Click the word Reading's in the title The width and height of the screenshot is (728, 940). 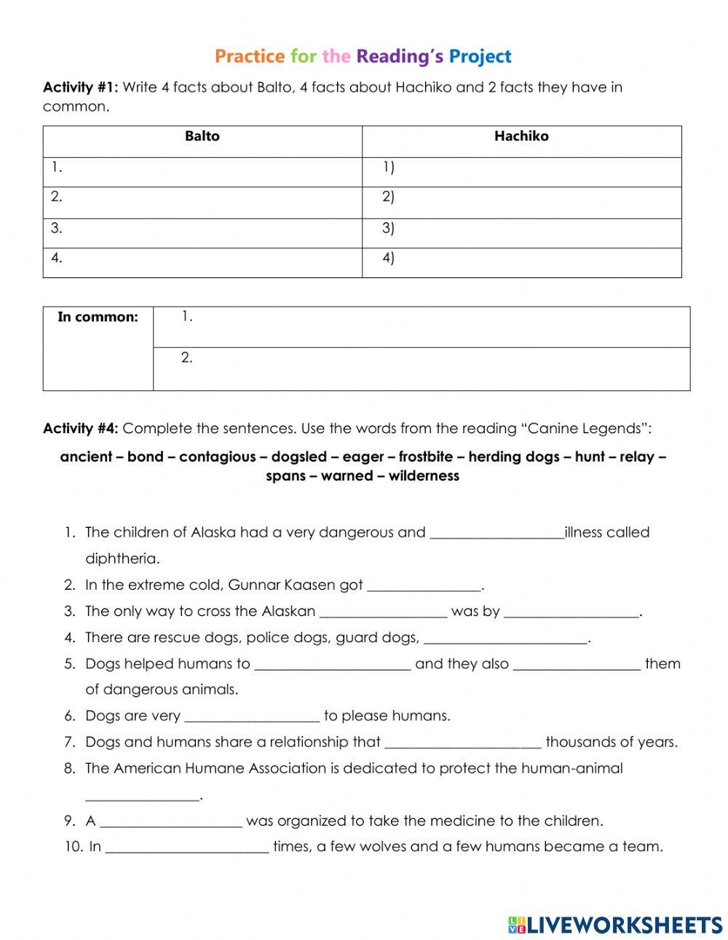pos(400,56)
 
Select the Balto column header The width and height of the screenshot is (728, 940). pos(202,136)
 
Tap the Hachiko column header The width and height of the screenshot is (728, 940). pos(521,136)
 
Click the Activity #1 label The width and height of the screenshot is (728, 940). pos(80,87)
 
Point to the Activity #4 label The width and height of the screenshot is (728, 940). pos(80,428)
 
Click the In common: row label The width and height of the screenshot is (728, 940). pos(98,317)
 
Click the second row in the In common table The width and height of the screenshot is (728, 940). pos(421,368)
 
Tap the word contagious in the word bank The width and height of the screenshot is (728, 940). pos(218,457)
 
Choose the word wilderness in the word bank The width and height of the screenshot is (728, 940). pos(424,476)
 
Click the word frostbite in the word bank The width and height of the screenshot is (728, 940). pos(422,457)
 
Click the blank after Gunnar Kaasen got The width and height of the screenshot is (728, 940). pos(424,585)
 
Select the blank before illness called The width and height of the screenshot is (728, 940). pos(496,533)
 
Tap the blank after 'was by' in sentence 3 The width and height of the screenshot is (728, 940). pos(571,612)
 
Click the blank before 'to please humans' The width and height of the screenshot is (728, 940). pos(252,716)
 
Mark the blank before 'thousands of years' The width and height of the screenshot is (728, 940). pos(462,743)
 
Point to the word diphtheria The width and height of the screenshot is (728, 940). pos(122,559)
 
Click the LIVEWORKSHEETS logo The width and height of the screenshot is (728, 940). pos(615,924)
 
